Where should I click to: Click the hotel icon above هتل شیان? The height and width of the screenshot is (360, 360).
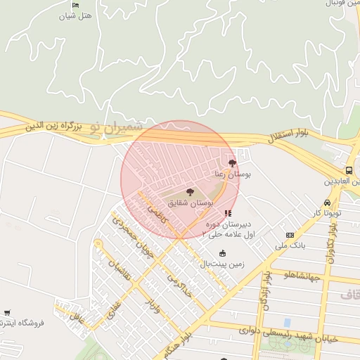pos(76,6)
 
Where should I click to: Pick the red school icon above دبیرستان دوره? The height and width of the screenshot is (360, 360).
pos(226,212)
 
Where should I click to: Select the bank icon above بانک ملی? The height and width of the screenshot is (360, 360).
pos(289,235)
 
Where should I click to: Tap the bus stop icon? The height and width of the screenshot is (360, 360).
pos(349,171)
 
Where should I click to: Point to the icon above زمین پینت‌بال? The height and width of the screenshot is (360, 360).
pos(223,253)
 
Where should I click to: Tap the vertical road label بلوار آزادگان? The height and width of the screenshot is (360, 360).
pos(266,292)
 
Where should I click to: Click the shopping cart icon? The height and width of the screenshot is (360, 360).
pos(7,312)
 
